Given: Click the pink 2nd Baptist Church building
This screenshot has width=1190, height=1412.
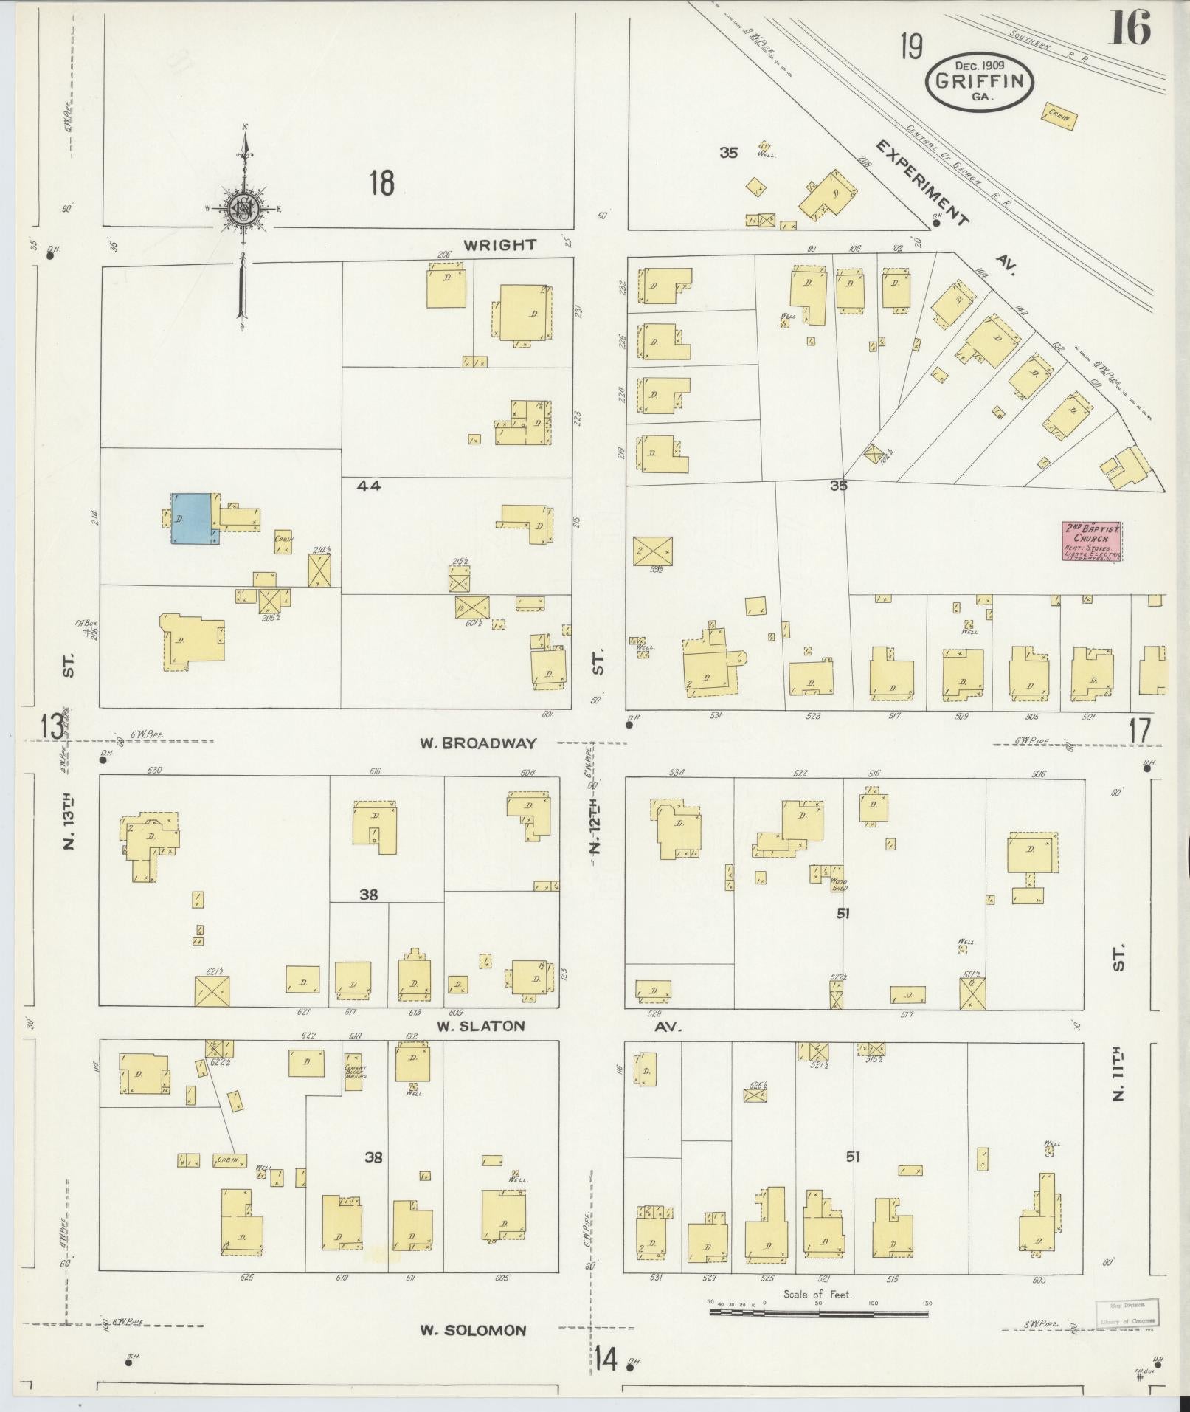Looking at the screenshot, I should click(1091, 541).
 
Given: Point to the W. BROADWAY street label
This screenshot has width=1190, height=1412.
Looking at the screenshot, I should click(477, 743).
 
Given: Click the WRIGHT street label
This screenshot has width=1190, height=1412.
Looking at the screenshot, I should click(499, 245).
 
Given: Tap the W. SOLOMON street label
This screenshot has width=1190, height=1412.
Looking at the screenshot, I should click(473, 1331).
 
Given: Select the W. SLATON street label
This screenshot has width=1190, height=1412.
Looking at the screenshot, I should click(480, 1026).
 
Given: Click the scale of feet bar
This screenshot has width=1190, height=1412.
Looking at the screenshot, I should click(819, 1312).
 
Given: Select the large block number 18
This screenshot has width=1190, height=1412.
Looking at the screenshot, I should click(381, 182).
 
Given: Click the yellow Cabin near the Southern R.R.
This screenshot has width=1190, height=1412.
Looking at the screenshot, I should click(1058, 116).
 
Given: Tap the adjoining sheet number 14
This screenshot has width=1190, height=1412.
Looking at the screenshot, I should click(606, 1358).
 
